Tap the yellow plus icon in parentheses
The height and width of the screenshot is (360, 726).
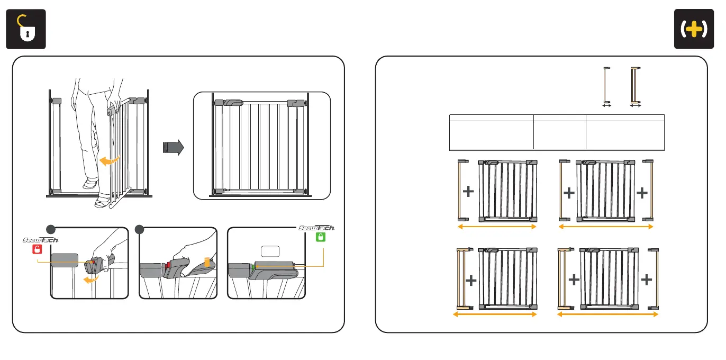coord(694,30)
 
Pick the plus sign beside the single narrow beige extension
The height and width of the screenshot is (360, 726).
coord(468,192)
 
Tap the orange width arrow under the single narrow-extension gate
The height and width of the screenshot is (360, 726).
coord(497,227)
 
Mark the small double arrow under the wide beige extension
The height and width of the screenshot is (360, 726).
coord(636,106)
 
